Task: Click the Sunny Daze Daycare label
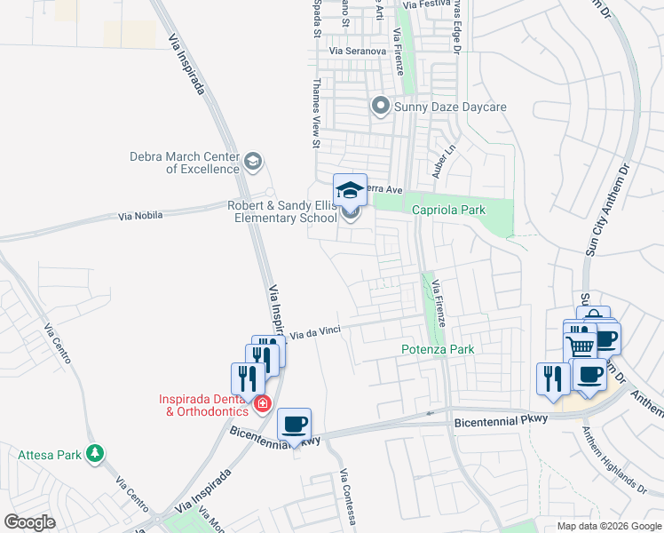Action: click(x=450, y=107)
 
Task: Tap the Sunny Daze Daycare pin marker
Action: click(x=381, y=107)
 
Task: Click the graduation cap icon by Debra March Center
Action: click(x=253, y=161)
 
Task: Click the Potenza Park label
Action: click(x=438, y=349)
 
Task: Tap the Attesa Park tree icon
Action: click(x=95, y=455)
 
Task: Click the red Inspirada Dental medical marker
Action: click(x=262, y=405)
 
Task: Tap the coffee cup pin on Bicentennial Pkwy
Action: click(x=295, y=424)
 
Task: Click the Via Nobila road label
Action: click(x=143, y=216)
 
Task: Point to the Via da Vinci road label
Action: click(x=318, y=332)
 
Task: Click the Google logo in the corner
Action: click(x=30, y=522)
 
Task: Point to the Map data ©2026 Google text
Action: click(x=607, y=526)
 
